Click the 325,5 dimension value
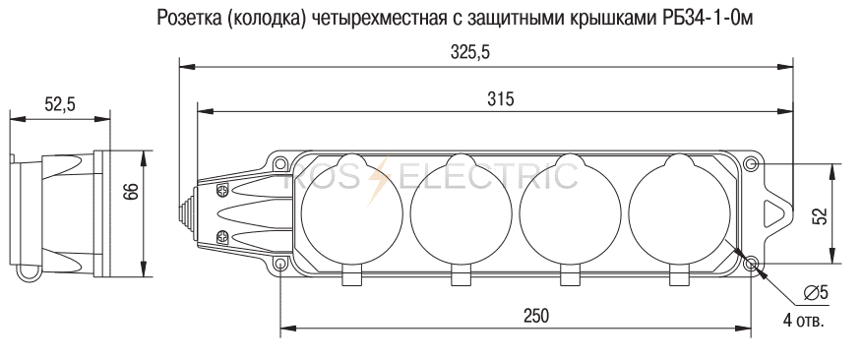(470, 52)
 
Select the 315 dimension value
(500, 99)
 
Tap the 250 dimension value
(536, 316)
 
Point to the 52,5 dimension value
(60, 104)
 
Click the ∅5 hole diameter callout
(816, 293)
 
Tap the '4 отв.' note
(803, 321)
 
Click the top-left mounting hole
(280, 163)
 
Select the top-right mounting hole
(751, 164)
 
